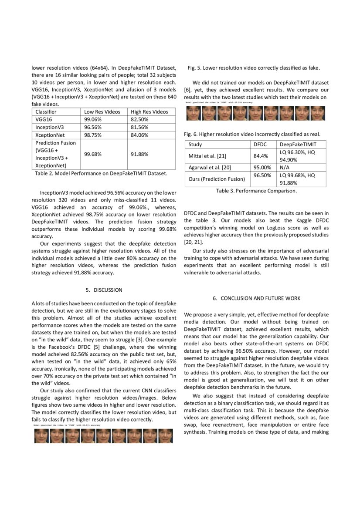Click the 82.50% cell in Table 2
139,119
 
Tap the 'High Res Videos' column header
149,112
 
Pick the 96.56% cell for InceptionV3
92,127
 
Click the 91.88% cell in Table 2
139,154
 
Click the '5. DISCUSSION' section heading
104,290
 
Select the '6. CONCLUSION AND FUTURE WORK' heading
257,298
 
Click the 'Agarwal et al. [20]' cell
210,167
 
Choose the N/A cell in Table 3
285,167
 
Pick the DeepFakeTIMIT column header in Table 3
298,144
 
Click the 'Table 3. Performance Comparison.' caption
256,191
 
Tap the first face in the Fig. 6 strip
194,114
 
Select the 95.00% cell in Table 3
262,167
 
